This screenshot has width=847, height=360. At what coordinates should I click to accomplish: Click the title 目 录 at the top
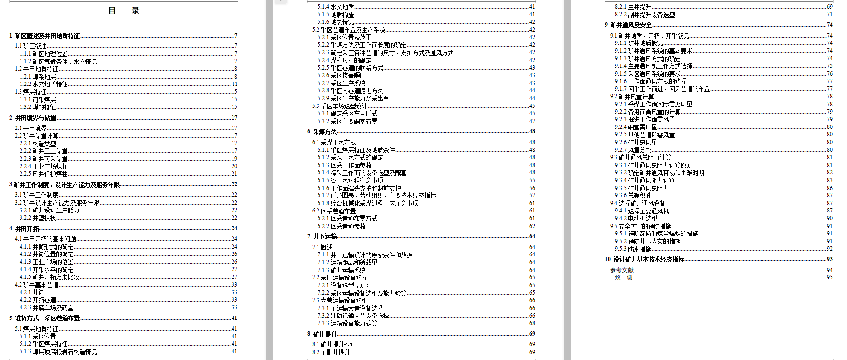124,11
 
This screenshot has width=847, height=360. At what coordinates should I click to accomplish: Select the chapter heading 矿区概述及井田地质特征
47,36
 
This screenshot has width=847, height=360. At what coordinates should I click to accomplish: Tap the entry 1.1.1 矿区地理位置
43,54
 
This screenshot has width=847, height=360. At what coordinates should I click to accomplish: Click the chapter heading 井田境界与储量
35,118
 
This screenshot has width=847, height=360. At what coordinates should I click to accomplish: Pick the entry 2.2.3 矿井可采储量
43,159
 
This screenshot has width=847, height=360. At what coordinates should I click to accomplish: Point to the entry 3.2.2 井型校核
38,218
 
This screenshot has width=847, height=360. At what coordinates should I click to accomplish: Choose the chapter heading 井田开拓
27,229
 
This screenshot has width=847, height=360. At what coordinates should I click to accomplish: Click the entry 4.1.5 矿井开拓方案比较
49,277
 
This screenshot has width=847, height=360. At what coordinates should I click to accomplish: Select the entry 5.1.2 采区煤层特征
43,344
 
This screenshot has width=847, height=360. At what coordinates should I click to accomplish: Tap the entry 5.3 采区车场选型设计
339,106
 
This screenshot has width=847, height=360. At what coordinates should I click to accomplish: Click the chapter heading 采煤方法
324,132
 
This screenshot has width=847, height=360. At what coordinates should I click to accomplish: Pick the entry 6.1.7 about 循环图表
377,195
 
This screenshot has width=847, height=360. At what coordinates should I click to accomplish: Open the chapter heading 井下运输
324,236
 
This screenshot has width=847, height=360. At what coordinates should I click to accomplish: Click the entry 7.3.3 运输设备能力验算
347,323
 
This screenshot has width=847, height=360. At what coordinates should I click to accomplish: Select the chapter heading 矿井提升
324,334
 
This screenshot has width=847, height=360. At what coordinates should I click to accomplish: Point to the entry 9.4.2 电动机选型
636,218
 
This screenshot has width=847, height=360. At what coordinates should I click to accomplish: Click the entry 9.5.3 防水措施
633,249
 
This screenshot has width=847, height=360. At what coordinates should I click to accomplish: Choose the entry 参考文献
621,270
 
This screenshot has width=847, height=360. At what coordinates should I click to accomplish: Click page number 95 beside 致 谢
829,277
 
